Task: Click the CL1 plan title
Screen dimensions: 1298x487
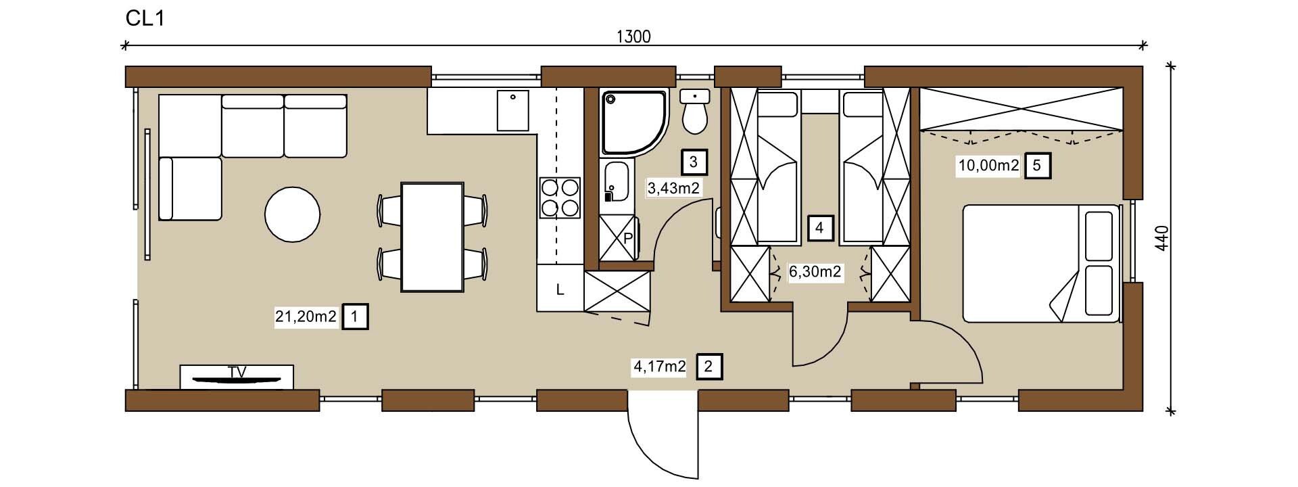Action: pyautogui.click(x=145, y=18)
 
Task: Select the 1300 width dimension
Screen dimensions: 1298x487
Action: pyautogui.click(x=633, y=37)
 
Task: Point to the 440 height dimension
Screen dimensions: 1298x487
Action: pyautogui.click(x=1161, y=239)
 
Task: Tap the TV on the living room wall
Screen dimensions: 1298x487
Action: pyautogui.click(x=237, y=377)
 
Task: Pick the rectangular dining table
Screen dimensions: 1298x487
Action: pyautogui.click(x=432, y=236)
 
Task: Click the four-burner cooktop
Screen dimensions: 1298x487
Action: pyautogui.click(x=560, y=197)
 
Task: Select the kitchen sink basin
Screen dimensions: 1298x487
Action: pyautogui.click(x=513, y=110)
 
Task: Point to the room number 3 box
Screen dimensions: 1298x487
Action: pyautogui.click(x=694, y=162)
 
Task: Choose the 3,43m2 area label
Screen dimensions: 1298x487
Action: pyautogui.click(x=673, y=189)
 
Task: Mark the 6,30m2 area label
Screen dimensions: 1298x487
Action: pyautogui.click(x=815, y=272)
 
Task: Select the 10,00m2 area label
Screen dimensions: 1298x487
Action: pyautogui.click(x=988, y=165)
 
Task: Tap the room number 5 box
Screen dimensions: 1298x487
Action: pyautogui.click(x=1038, y=165)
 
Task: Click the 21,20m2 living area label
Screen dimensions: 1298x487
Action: pyautogui.click(x=306, y=316)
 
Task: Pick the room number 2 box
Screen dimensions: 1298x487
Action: pyautogui.click(x=708, y=367)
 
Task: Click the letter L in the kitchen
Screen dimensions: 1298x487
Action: pyautogui.click(x=560, y=290)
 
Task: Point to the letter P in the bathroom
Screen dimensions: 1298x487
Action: pyautogui.click(x=627, y=238)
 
